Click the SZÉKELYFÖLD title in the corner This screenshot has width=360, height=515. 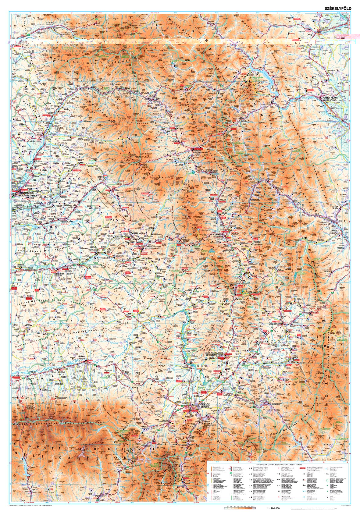[x=334, y=9]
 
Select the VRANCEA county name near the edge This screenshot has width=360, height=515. [x=340, y=355]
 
